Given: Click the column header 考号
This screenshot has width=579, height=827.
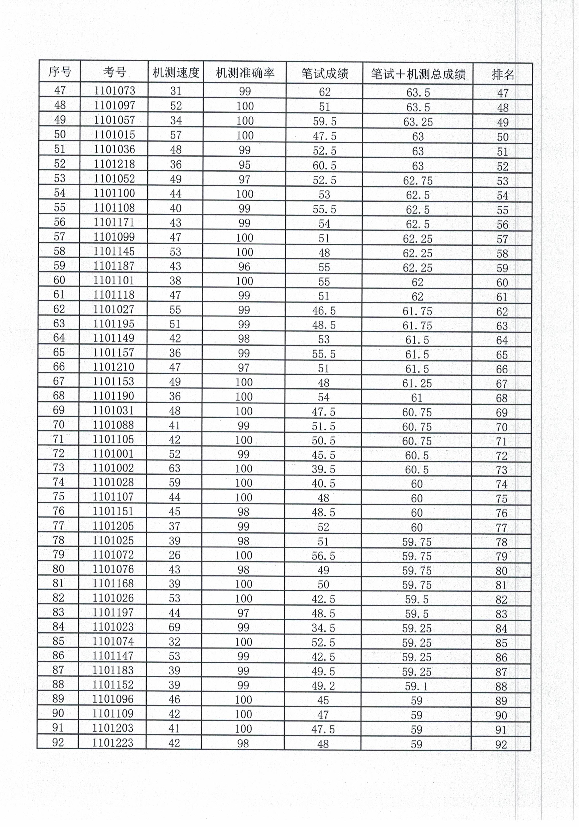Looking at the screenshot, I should (x=114, y=72).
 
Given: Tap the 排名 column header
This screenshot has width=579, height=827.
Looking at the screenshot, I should (x=503, y=75).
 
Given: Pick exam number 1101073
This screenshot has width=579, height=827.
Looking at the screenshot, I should (x=114, y=90).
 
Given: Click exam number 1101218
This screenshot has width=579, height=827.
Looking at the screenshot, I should (x=114, y=164).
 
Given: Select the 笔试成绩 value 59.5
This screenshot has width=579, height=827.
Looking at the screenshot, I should (x=324, y=121).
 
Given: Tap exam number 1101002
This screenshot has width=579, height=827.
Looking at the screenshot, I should (x=113, y=468).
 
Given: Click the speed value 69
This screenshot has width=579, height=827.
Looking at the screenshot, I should (x=174, y=627).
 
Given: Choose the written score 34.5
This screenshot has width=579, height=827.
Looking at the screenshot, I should (x=323, y=628).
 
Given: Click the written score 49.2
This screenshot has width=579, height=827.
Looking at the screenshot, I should (x=323, y=686).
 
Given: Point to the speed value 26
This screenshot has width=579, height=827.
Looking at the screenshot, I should (x=174, y=555).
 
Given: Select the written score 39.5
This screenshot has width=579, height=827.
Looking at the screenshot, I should (x=323, y=469).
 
